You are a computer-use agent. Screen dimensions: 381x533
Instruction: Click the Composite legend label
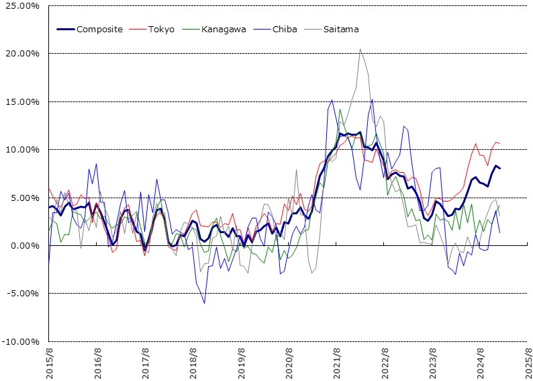pyautogui.click(x=99, y=29)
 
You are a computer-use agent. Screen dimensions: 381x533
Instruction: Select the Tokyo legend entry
pyautogui.click(x=161, y=29)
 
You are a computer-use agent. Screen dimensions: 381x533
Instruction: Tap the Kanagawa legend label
pyautogui.click(x=224, y=29)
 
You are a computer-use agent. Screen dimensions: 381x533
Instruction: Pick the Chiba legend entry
pyautogui.click(x=285, y=29)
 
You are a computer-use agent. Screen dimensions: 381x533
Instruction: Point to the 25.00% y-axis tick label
pyautogui.click(x=22, y=6)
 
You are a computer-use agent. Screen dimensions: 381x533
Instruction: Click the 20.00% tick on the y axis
pyautogui.click(x=22, y=54)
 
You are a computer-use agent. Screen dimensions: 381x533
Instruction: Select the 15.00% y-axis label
pyautogui.click(x=22, y=101)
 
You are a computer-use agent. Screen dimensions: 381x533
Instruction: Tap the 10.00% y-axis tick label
pyautogui.click(x=22, y=149)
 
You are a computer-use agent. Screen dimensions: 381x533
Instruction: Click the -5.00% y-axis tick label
pyautogui.click(x=22, y=294)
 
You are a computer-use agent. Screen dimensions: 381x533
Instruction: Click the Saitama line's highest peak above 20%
pyautogui.click(x=360, y=48)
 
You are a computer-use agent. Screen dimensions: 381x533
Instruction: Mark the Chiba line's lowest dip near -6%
pyautogui.click(x=204, y=303)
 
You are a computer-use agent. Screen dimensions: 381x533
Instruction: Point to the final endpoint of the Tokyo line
pyautogui.click(x=500, y=143)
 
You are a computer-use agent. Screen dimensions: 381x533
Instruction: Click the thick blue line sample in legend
pyautogui.click(x=65, y=29)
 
